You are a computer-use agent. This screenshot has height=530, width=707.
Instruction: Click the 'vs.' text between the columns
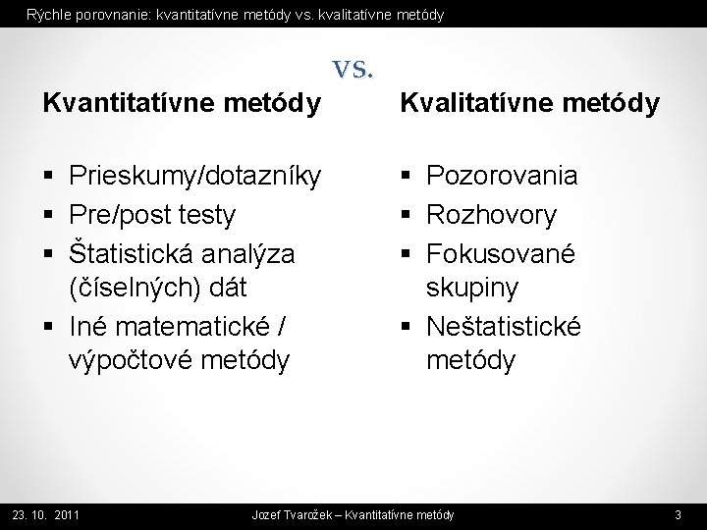(353, 69)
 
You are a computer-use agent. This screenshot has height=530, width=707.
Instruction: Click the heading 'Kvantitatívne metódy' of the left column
(181, 103)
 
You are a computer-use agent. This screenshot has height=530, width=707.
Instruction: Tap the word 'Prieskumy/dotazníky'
(195, 177)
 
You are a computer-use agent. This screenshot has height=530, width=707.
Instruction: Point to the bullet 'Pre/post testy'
(152, 214)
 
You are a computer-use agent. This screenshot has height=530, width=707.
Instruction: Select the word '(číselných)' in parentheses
(129, 289)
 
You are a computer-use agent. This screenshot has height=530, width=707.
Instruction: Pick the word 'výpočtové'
(131, 361)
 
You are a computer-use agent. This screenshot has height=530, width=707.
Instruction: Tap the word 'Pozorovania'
(501, 177)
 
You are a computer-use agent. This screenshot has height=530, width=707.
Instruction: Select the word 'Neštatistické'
(503, 325)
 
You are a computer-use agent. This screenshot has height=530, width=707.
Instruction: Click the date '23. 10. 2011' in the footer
(45, 514)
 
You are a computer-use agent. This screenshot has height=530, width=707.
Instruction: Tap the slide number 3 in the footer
(679, 514)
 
